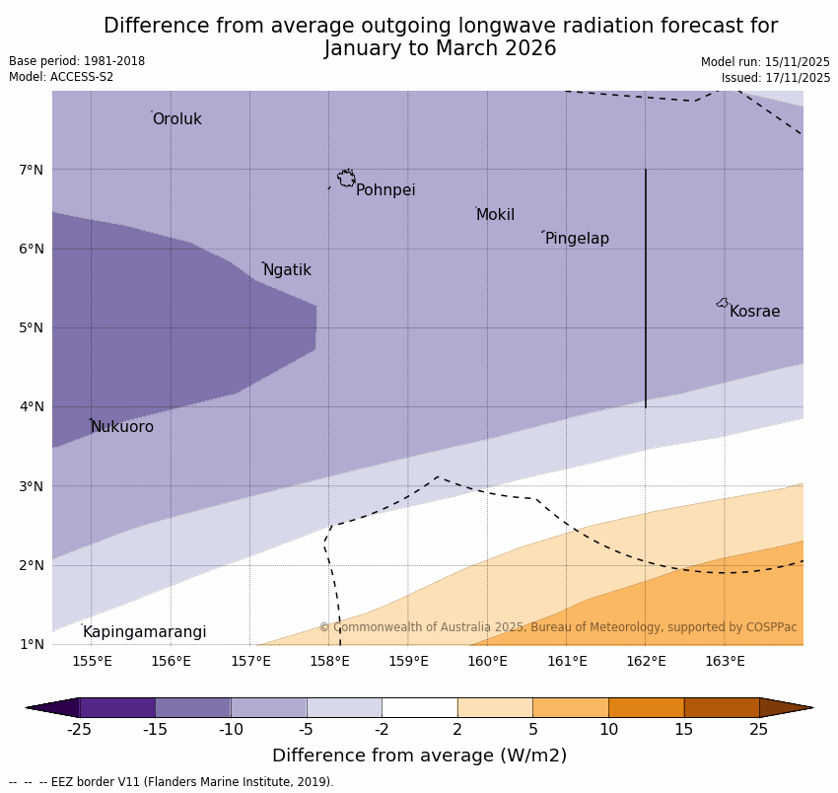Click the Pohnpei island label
point(385,190)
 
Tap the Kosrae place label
point(754,312)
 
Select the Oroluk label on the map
point(176,119)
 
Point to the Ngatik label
point(287,270)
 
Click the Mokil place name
point(495,215)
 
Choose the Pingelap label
point(577,239)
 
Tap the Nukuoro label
point(122,427)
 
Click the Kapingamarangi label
point(144,632)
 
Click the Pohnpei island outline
point(346,179)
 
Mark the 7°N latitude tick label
point(32,170)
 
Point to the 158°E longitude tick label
point(329,661)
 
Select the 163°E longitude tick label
point(725,661)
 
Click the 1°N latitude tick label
point(32,644)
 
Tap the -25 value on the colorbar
point(79,730)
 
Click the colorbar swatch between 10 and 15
point(646,707)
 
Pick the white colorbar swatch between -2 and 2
point(419,707)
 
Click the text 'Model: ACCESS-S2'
point(61,77)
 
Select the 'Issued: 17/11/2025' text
point(775,78)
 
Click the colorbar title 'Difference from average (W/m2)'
point(419,756)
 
